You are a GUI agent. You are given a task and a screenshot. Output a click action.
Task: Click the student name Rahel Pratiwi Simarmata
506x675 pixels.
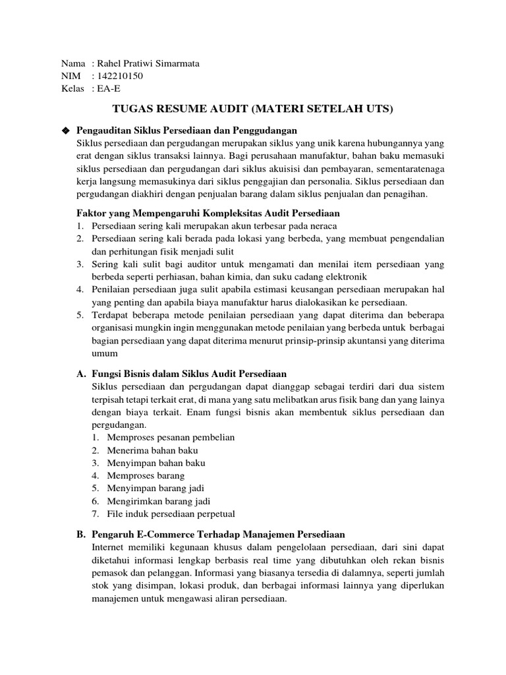click(148, 63)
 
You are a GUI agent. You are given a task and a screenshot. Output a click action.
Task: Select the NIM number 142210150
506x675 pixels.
click(120, 76)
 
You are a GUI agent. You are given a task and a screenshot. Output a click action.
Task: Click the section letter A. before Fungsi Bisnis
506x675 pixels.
click(82, 374)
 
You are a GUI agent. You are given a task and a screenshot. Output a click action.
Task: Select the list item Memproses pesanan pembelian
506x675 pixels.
click(163, 437)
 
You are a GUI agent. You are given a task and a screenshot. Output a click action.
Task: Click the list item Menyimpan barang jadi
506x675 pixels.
click(149, 488)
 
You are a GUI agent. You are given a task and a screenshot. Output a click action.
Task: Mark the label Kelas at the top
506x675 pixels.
click(72, 88)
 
